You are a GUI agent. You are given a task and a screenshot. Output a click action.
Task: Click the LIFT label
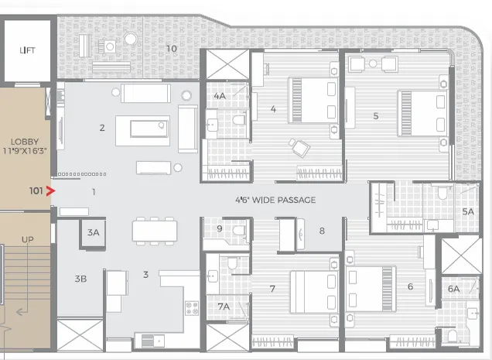[27, 50]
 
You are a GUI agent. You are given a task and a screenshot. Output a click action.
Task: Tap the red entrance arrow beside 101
[52, 189]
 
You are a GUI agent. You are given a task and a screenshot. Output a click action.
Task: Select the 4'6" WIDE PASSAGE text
[275, 200]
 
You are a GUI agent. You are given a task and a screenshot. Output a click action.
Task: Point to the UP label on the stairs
[27, 239]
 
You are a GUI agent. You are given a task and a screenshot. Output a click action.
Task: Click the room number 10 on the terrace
[171, 49]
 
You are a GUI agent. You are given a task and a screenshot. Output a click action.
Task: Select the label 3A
[94, 232]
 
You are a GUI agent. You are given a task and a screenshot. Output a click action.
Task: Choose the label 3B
[80, 278]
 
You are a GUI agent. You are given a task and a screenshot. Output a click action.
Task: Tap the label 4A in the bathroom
[220, 96]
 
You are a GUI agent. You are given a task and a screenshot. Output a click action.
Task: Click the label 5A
[467, 211]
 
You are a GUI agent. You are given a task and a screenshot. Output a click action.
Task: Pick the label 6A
[453, 289]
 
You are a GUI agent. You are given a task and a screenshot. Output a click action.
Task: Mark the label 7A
[223, 307]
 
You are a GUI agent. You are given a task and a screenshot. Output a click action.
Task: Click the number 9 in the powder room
[220, 228]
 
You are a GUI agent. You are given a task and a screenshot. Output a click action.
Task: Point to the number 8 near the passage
[322, 231]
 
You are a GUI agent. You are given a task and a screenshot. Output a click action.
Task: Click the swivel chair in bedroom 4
[297, 146]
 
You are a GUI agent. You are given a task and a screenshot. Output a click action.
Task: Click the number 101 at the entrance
[35, 189]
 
